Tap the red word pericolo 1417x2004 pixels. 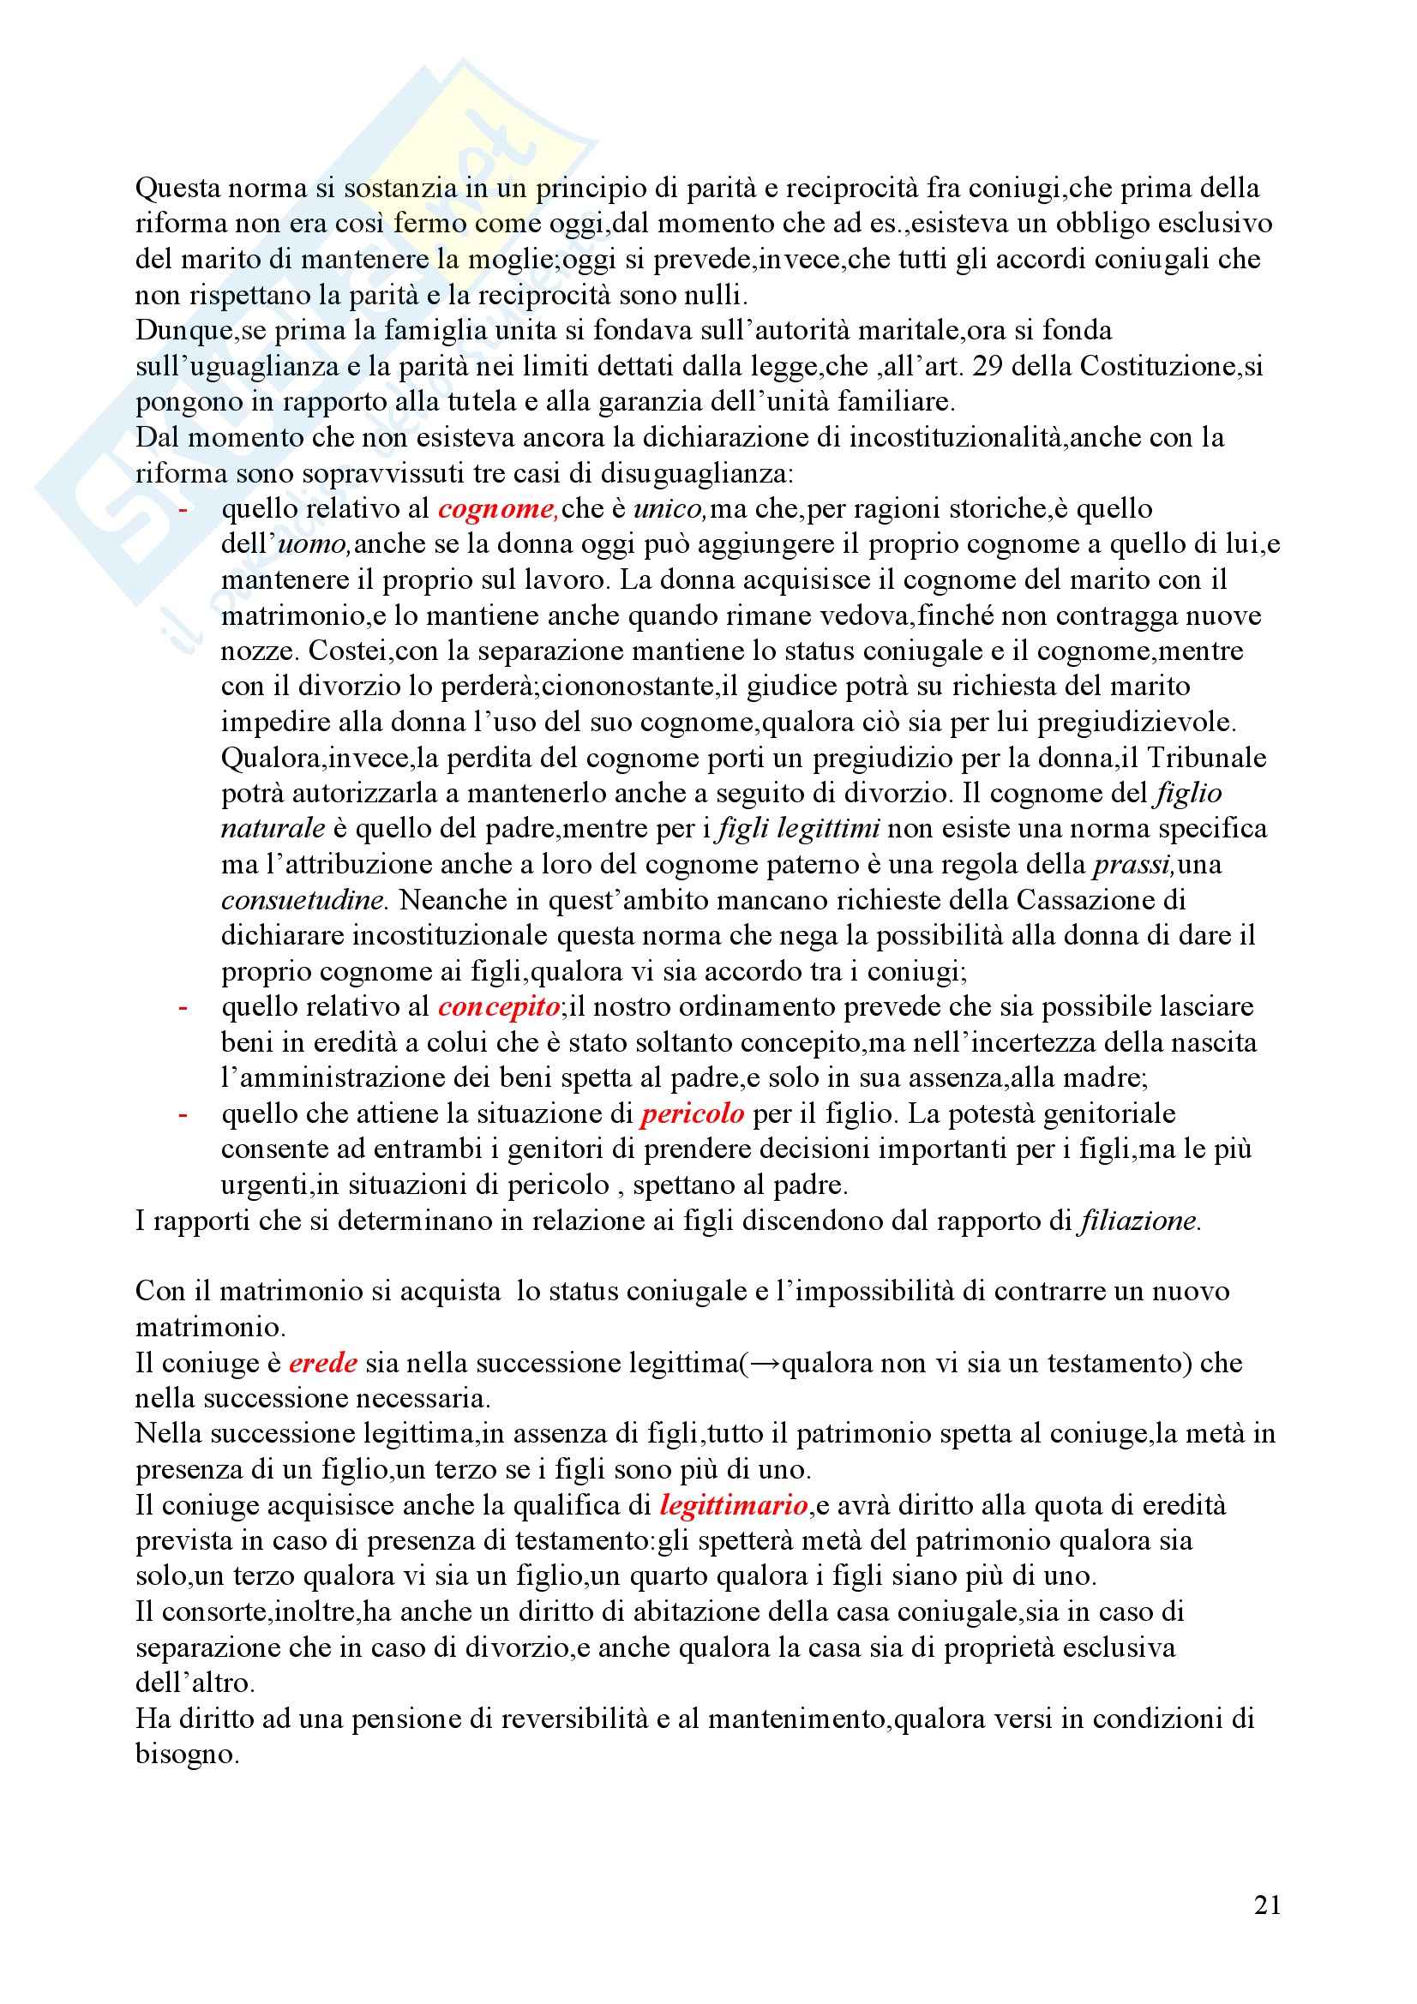[x=693, y=1113]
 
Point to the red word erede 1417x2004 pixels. [x=322, y=1363]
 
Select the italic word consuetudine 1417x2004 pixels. [x=302, y=900]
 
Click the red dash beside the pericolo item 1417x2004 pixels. [x=183, y=1113]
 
